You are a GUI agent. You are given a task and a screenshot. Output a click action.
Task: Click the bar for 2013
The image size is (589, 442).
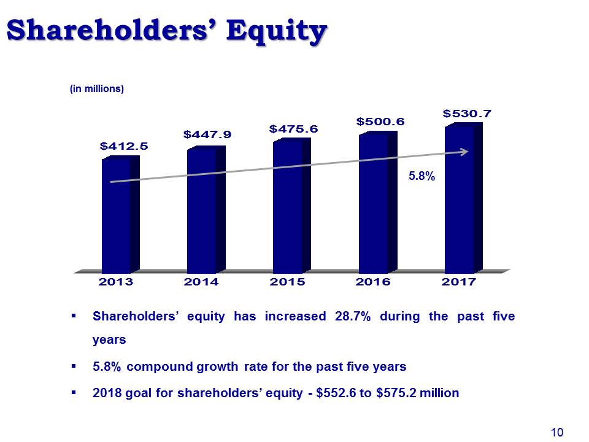[121, 215]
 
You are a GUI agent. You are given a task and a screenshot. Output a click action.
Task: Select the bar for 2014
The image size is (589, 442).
[206, 210]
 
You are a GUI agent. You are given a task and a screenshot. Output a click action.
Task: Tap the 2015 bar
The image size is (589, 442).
[292, 206]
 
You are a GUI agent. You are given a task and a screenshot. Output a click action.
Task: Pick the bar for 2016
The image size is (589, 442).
[378, 202]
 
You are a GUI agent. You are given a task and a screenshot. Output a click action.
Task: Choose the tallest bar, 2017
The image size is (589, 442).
[464, 198]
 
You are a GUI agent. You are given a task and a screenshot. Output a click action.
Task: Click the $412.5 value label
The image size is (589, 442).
[124, 146]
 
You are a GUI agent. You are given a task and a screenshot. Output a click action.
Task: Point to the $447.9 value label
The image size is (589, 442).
[207, 134]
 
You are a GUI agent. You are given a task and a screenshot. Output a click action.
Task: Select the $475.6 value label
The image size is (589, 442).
[293, 129]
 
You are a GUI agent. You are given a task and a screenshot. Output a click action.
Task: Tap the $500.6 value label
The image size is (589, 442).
[380, 122]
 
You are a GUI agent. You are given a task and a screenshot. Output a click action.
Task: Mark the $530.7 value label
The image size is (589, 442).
[467, 114]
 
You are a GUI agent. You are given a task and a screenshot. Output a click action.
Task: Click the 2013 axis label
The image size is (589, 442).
[116, 282]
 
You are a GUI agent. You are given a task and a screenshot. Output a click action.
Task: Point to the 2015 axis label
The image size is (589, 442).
[287, 282]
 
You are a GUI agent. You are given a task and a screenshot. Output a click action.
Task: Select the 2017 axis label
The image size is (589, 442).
[459, 282]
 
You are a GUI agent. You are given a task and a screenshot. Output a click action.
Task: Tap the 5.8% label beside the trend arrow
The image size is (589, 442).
[422, 176]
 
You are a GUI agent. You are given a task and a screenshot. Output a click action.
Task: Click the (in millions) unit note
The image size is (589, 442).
[97, 88]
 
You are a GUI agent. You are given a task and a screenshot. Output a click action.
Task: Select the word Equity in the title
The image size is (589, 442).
[277, 31]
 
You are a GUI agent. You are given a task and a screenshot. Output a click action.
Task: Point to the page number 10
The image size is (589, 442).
[557, 433]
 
